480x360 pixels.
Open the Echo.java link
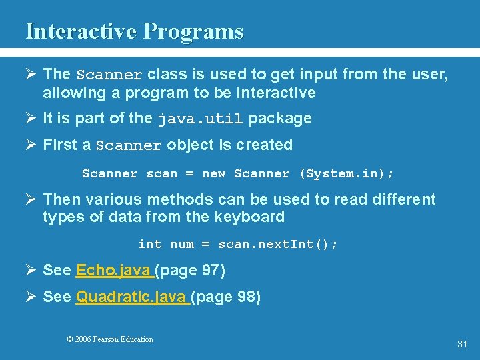click(x=115, y=271)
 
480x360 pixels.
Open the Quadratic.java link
click(x=132, y=297)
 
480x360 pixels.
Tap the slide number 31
click(x=462, y=344)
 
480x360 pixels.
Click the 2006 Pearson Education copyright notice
click(x=110, y=339)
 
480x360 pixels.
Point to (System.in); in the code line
click(x=347, y=174)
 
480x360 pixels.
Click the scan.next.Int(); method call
click(x=278, y=245)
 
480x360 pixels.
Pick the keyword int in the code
click(x=149, y=245)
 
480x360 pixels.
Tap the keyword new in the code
click(x=213, y=174)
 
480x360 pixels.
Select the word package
click(x=280, y=119)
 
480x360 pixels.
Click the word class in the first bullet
click(x=165, y=74)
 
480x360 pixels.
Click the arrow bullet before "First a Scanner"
click(x=31, y=145)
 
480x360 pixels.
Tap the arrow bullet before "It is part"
click(x=31, y=119)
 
